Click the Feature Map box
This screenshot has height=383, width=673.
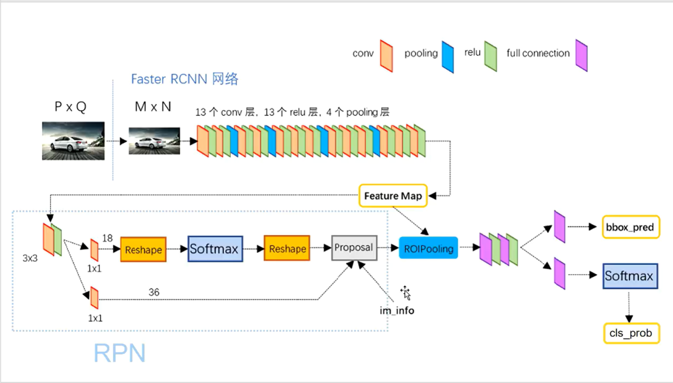(393, 196)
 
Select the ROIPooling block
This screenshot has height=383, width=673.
(428, 248)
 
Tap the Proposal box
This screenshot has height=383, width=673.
(354, 248)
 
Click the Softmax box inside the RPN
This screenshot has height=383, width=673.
(215, 249)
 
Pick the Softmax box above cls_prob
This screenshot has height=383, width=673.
(630, 276)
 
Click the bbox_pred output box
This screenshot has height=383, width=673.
(630, 227)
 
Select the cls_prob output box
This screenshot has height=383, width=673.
(631, 333)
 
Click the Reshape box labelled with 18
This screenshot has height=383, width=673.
(143, 249)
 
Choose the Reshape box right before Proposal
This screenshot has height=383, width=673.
(287, 249)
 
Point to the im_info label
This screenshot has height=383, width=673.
(397, 311)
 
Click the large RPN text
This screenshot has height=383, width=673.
(120, 353)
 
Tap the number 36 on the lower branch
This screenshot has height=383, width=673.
(155, 293)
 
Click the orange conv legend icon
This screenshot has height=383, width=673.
(386, 56)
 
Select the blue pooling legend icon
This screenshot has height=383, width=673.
(447, 57)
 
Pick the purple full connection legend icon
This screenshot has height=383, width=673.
(581, 56)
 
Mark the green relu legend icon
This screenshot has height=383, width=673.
(490, 56)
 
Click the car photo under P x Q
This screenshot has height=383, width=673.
(73, 141)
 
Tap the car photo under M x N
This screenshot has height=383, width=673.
(154, 141)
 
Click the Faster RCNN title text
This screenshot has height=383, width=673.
(184, 79)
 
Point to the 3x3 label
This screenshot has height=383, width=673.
(30, 258)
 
